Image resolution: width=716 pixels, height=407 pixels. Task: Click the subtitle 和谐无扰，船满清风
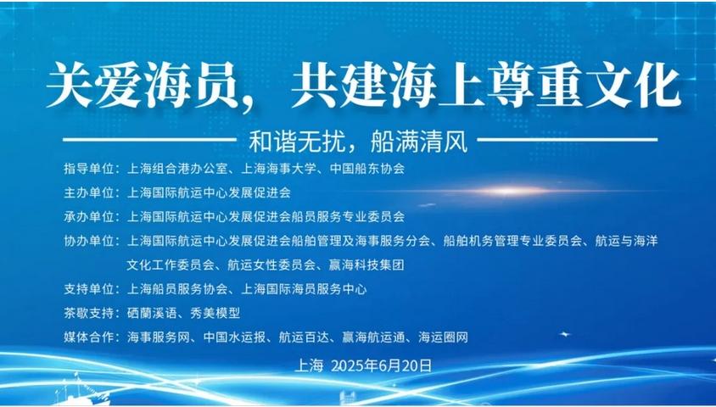click(358, 142)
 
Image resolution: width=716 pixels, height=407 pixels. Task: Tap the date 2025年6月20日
click(381, 365)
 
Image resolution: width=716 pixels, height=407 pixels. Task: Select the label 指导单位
click(88, 169)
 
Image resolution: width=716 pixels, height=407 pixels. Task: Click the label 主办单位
click(88, 192)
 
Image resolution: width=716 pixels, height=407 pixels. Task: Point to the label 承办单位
click(88, 216)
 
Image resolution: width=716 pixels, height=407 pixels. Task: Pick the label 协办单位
click(88, 241)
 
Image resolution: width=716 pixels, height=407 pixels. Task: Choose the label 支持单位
click(88, 289)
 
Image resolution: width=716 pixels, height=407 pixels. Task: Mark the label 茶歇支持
click(88, 313)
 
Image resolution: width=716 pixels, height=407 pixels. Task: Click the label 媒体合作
click(88, 337)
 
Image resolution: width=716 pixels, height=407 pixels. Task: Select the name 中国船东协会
click(367, 169)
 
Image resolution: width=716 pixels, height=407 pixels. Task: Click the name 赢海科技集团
click(366, 265)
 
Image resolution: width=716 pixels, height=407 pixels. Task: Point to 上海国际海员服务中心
click(304, 289)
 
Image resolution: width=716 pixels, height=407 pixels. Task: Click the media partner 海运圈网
click(443, 337)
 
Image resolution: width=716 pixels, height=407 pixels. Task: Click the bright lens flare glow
click(506, 191)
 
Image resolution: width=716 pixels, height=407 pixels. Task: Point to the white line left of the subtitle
click(149, 140)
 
